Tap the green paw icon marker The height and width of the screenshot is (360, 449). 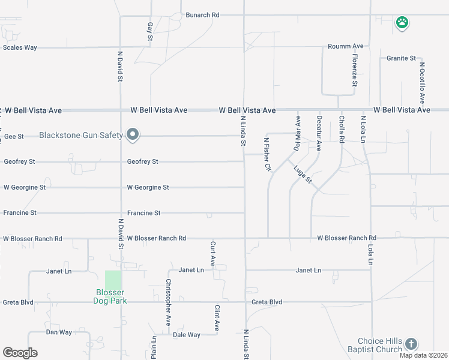(x=402, y=23)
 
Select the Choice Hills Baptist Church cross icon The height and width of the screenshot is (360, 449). (x=411, y=344)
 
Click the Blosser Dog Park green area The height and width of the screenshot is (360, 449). (x=113, y=280)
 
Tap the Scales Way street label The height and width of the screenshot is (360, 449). (x=20, y=47)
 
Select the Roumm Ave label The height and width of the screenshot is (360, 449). (x=346, y=46)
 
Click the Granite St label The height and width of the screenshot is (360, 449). (x=401, y=58)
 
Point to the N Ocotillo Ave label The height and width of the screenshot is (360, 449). (x=422, y=83)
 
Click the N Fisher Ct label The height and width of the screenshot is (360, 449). (x=267, y=154)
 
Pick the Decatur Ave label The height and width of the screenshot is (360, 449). (x=319, y=133)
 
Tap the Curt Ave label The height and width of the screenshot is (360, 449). (x=212, y=254)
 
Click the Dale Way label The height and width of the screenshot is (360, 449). (x=186, y=335)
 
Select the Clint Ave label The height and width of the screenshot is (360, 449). (x=217, y=317)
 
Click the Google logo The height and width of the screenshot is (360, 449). (x=20, y=353)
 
